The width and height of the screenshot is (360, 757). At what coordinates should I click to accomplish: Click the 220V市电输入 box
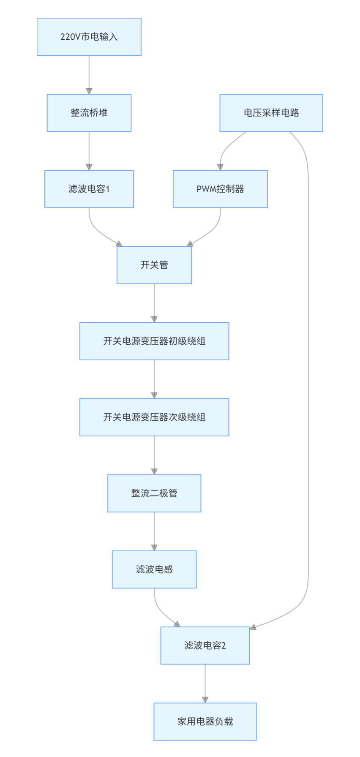click(89, 37)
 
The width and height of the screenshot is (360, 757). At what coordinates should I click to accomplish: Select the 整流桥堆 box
click(89, 113)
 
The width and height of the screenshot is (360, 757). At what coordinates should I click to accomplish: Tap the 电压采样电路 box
click(271, 113)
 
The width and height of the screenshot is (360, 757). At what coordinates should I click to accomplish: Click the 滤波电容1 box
click(89, 189)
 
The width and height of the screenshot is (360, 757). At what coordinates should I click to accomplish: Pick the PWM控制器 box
click(220, 189)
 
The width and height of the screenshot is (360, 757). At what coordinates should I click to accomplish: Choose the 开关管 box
click(154, 265)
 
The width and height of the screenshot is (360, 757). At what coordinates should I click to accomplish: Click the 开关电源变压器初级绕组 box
click(154, 341)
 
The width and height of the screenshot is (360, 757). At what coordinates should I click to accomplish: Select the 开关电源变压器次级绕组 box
click(154, 417)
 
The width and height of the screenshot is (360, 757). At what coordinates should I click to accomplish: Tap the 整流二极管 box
click(154, 493)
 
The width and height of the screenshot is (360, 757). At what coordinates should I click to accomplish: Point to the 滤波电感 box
click(154, 569)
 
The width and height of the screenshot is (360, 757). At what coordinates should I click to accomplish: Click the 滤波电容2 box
click(205, 645)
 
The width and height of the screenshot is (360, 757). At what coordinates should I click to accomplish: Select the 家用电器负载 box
click(205, 721)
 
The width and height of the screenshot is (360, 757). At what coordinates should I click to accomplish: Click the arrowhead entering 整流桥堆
click(89, 91)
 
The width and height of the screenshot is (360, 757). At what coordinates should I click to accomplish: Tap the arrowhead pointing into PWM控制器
click(220, 167)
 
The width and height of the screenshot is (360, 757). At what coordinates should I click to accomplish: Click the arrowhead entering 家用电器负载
click(205, 700)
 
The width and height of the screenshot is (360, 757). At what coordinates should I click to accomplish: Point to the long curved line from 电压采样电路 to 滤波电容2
click(308, 380)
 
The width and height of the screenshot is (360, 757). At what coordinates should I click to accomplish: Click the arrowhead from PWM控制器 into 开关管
click(190, 244)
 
